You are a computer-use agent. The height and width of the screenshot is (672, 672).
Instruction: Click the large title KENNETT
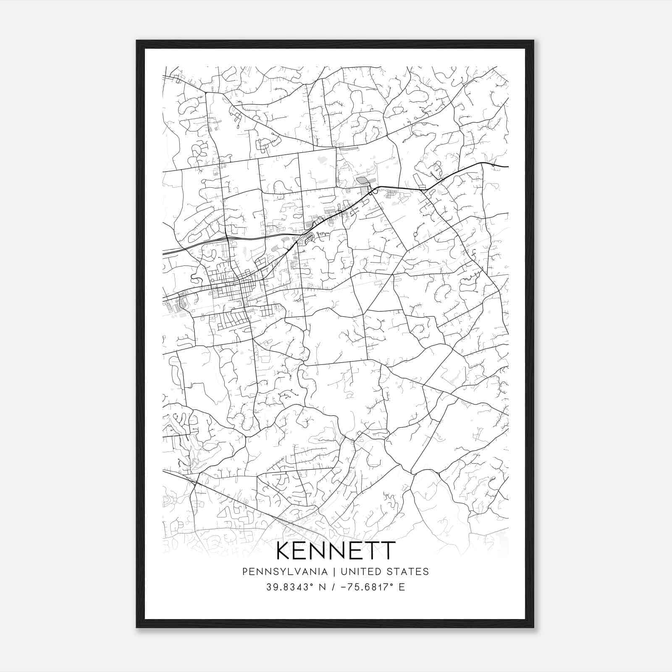coord(336,550)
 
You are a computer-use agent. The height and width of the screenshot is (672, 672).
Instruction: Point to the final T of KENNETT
coord(388,550)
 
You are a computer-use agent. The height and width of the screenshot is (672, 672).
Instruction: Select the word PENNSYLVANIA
coord(285,572)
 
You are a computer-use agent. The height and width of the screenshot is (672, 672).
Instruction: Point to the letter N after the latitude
coord(323,587)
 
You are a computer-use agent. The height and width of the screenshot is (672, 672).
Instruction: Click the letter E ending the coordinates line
coord(402,587)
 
